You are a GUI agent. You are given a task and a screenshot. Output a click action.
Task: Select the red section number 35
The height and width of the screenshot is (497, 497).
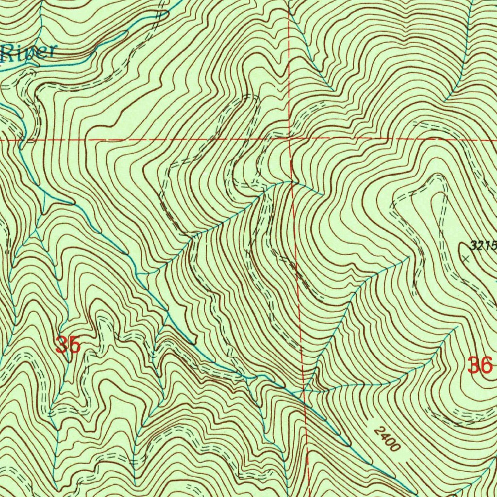67,345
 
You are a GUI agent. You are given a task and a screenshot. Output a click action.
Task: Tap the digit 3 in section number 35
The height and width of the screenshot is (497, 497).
62,345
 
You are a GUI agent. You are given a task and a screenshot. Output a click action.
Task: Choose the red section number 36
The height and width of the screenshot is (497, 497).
480,365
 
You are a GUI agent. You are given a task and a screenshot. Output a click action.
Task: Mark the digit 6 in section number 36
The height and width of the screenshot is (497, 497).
486,365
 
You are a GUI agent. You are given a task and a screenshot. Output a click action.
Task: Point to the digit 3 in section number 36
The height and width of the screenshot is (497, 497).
474,365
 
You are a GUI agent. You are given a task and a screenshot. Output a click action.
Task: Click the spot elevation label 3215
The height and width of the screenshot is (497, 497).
482,246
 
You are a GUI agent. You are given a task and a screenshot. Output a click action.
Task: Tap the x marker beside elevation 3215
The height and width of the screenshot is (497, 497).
465,259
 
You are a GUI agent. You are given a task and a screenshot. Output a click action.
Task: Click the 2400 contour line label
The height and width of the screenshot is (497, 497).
387,439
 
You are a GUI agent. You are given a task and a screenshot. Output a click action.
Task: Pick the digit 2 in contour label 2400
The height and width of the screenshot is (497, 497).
379,431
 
